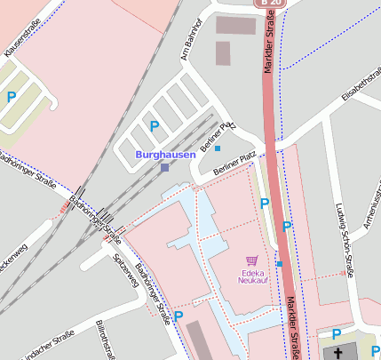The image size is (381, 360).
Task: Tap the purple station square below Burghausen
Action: pos(165,166)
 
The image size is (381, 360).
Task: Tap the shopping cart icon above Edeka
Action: pos(252,260)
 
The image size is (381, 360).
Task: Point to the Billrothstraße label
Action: pos(103,340)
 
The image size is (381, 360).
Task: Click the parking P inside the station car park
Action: pos(155,127)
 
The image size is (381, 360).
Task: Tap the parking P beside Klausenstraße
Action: pos(12,97)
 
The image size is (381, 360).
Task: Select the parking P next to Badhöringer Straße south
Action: pos(179,316)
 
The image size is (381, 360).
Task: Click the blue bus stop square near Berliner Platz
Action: pos(218,148)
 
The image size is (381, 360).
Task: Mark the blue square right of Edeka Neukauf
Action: pos(279,263)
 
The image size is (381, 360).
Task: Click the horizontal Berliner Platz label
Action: pos(235,163)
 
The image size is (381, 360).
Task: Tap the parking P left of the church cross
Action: pos(336,334)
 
